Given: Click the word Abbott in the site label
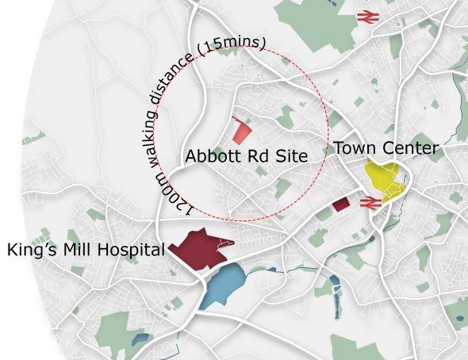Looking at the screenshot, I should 209,155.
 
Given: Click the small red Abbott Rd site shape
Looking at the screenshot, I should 242,130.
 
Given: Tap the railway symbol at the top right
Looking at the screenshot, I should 366,15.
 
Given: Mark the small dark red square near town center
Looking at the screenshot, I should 341,205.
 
